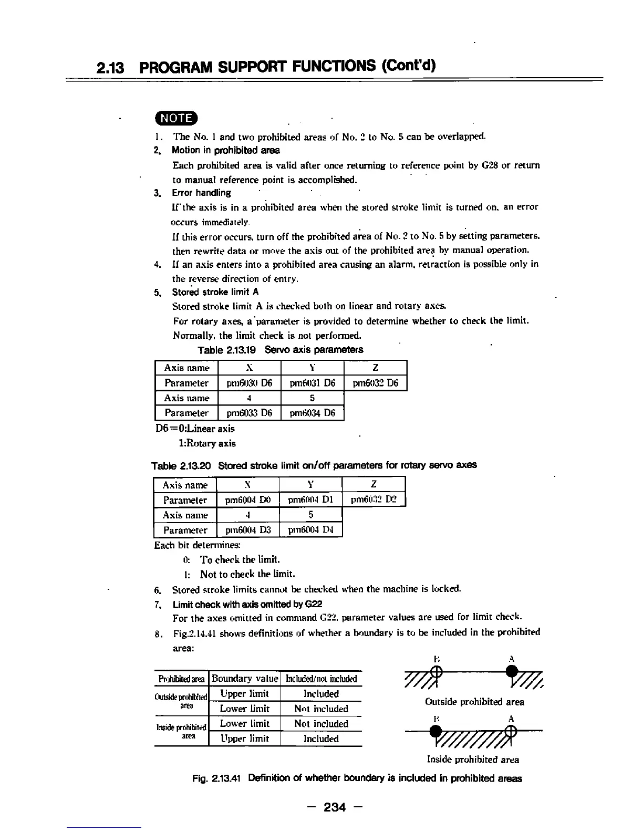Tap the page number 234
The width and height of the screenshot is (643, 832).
click(335, 806)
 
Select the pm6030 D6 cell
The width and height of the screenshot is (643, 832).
click(250, 383)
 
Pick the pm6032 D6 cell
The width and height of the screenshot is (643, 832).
click(376, 383)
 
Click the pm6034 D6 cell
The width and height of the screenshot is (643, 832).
click(313, 413)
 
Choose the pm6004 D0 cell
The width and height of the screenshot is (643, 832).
click(248, 500)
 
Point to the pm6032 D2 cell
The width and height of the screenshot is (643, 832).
click(374, 500)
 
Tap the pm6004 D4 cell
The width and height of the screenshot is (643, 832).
click(311, 530)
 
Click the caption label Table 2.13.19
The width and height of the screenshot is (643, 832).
click(228, 350)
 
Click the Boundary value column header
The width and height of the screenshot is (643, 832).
click(245, 679)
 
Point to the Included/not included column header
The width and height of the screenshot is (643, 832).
click(321, 679)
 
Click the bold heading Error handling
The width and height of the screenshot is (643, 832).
click(201, 193)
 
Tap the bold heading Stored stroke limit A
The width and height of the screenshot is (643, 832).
click(215, 292)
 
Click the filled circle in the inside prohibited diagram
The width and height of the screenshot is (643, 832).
click(435, 731)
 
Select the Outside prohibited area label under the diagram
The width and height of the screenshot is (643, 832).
click(474, 702)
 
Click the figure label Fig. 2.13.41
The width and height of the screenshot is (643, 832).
click(217, 778)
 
